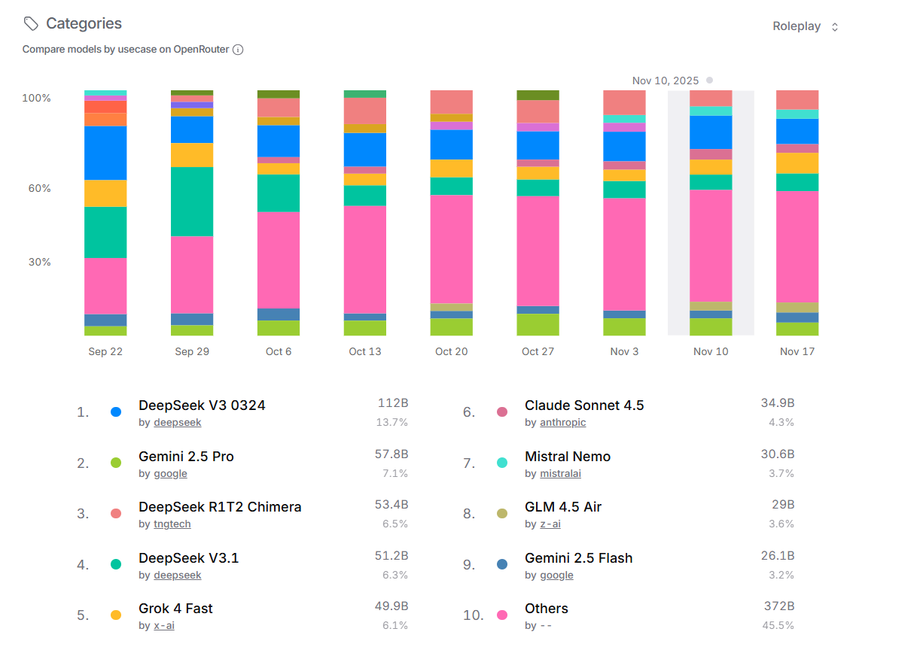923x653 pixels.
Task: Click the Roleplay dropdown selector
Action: click(805, 26)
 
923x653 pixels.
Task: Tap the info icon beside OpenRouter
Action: click(238, 50)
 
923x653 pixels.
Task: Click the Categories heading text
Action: click(84, 23)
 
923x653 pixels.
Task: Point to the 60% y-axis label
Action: click(40, 188)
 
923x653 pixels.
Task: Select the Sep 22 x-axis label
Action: click(105, 351)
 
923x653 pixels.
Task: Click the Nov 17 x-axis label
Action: click(797, 351)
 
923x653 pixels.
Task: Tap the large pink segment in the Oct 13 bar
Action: click(365, 259)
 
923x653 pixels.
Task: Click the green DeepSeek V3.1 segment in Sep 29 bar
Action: click(192, 202)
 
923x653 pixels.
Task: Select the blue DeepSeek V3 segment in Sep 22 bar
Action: click(105, 153)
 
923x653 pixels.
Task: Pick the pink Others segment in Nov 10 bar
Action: click(711, 245)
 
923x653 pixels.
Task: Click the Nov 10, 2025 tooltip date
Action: click(666, 80)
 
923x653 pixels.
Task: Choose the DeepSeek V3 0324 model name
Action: click(202, 405)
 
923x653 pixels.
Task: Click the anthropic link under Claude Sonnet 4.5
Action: click(562, 423)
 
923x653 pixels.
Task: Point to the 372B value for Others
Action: click(778, 606)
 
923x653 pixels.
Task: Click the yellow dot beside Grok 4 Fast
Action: click(116, 615)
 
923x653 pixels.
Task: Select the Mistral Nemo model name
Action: click(568, 457)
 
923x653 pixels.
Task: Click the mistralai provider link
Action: click(560, 474)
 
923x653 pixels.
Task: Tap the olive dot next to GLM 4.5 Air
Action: click(502, 514)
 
